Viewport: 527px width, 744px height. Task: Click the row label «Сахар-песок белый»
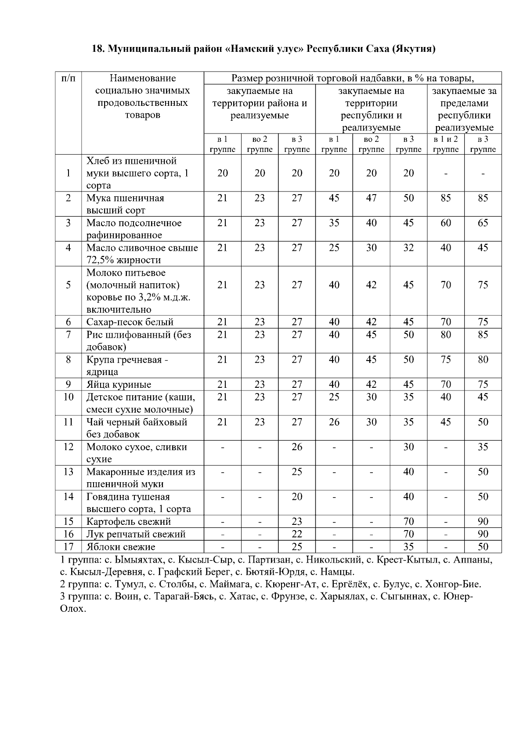[x=130, y=322]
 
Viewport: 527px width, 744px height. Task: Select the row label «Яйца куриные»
[x=119, y=385]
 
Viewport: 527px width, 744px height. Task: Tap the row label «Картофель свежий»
[x=129, y=522]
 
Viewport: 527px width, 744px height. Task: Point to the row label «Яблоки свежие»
[x=121, y=547]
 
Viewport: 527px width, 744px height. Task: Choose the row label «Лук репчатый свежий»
[x=136, y=534]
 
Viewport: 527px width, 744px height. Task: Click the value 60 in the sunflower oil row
[x=446, y=223]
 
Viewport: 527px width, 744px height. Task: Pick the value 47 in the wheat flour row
[x=372, y=198]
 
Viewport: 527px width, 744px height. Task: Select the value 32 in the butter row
[x=408, y=248]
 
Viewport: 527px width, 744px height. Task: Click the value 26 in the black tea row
[x=334, y=422]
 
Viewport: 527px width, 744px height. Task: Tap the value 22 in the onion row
[x=297, y=534]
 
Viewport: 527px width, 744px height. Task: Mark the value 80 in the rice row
[x=446, y=335]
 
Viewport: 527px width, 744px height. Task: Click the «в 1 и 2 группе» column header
[x=446, y=144]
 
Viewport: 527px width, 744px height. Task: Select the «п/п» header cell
[x=69, y=79]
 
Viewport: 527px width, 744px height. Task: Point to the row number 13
[x=69, y=472]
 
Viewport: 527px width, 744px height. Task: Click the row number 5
[x=69, y=285]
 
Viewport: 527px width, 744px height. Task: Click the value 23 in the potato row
[x=297, y=522]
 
